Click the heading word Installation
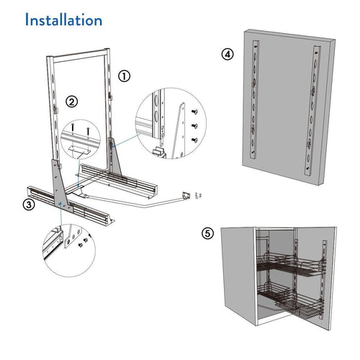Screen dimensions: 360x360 pos(63,20)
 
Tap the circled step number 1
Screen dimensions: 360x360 pos(125,75)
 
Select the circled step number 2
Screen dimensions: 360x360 pos(72,102)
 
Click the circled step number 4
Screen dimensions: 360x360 pos(227,55)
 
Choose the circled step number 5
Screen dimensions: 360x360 pos(207,233)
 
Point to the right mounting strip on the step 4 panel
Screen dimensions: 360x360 pos(312,108)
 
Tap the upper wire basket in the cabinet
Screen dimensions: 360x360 pos(282,267)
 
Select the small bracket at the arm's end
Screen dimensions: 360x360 pos(186,194)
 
